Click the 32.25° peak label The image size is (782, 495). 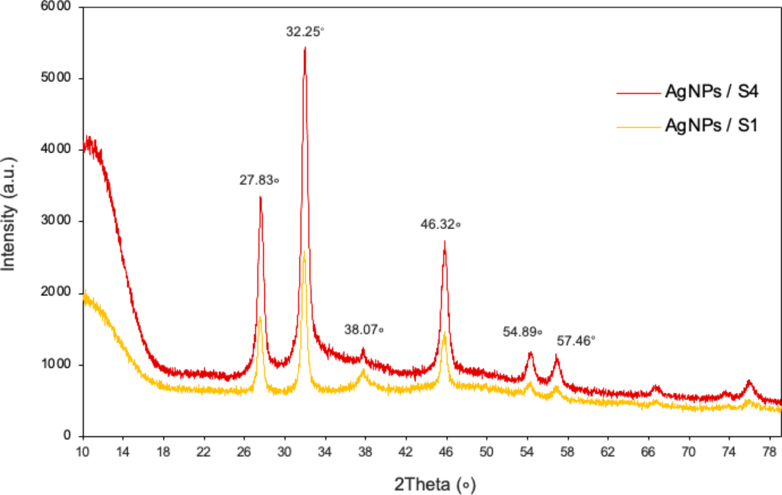tap(305, 32)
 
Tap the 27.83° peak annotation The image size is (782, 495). tap(259, 180)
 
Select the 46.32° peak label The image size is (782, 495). tap(440, 224)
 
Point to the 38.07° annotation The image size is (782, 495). tap(364, 330)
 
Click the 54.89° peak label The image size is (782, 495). tap(522, 332)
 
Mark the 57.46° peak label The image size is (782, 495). tap(576, 341)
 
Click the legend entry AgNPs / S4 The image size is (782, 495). tap(711, 91)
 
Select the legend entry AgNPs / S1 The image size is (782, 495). tap(711, 125)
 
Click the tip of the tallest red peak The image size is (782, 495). tap(305, 48)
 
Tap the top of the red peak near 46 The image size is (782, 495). tap(444, 242)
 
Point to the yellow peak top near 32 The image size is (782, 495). tap(304, 252)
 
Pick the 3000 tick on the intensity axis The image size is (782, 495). tap(56, 220)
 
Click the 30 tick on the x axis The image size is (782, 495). tap(284, 452)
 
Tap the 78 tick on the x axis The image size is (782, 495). tap(769, 452)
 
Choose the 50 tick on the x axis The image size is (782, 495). tap(486, 452)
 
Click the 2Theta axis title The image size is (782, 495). tap(435, 484)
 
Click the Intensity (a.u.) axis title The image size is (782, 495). tap(9, 214)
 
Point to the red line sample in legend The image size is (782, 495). tap(639, 93)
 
